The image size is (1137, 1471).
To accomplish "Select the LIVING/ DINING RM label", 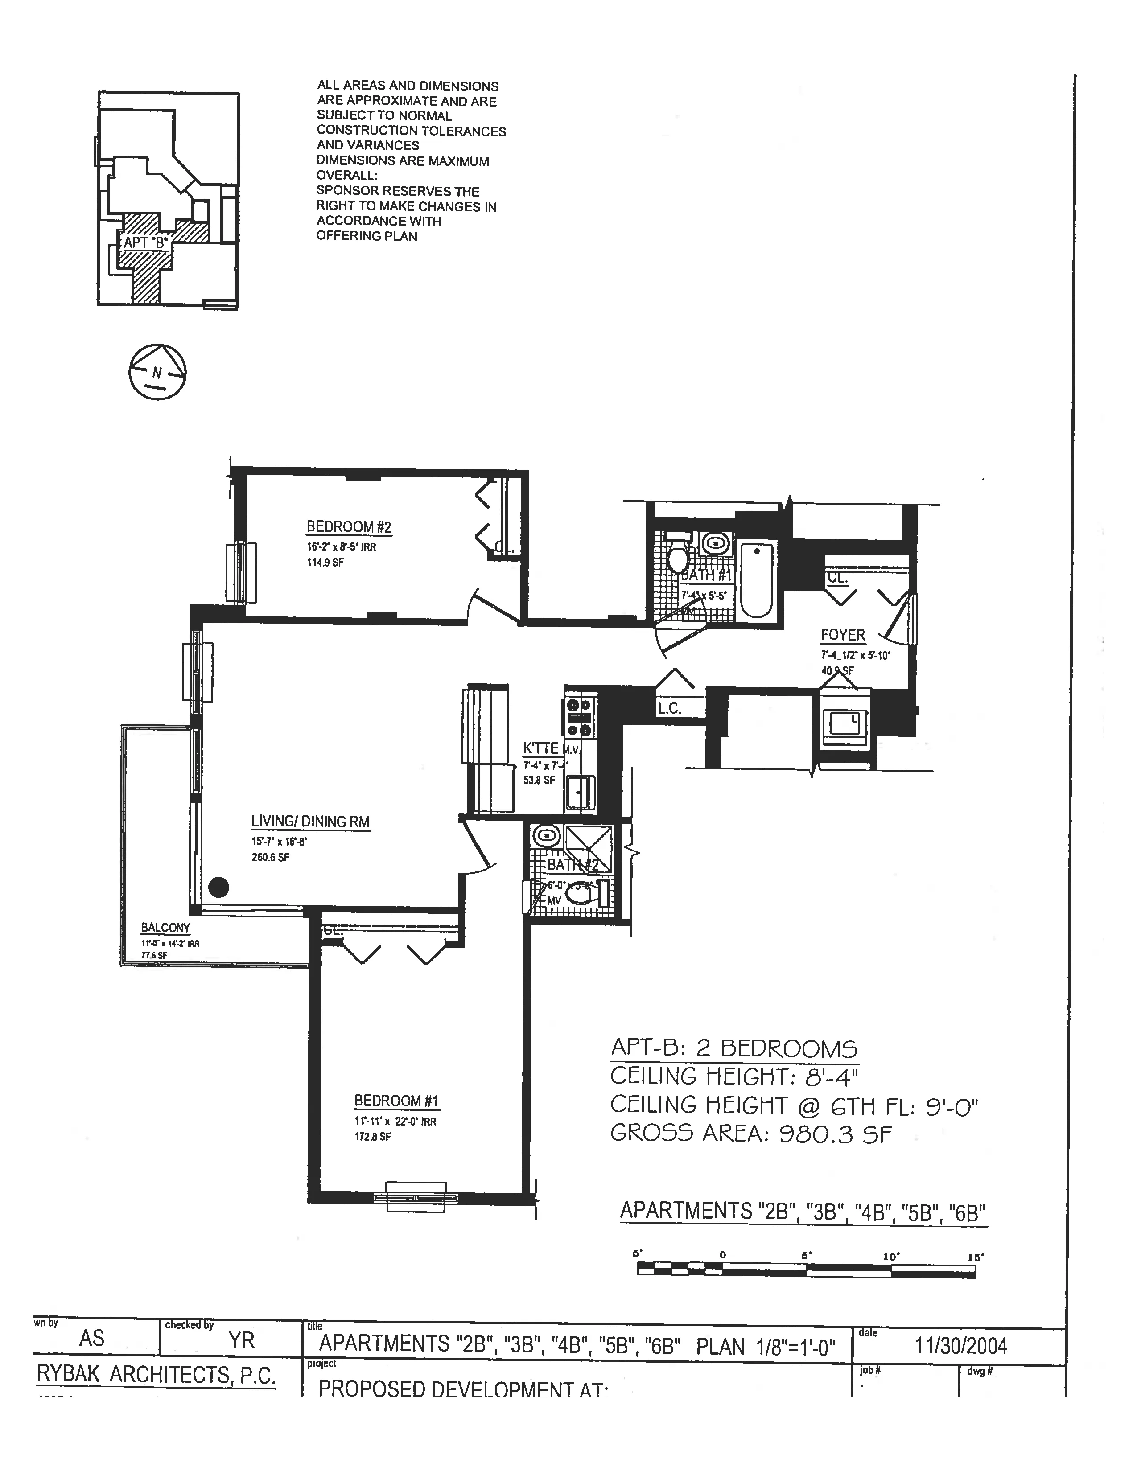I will click(x=310, y=821).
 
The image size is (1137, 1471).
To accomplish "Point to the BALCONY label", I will click(x=165, y=928).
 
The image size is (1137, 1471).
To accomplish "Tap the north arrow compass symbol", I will click(x=157, y=372).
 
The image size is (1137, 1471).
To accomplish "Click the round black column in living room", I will click(x=218, y=887).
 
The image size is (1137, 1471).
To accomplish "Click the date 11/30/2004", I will click(x=960, y=1346).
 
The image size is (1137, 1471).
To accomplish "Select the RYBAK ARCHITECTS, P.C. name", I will click(x=156, y=1375).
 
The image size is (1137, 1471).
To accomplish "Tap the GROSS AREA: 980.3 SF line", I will click(x=750, y=1134).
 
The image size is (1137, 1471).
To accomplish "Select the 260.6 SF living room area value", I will click(x=270, y=857).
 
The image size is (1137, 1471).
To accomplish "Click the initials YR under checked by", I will click(x=241, y=1340).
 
